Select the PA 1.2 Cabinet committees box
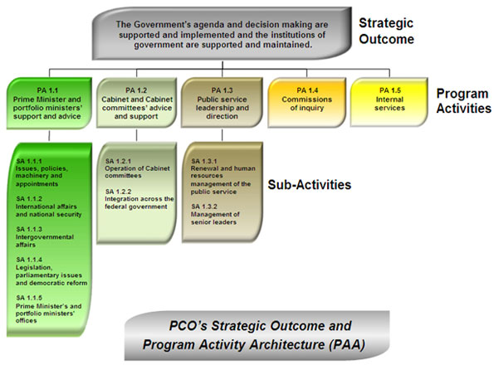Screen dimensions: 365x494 click(135, 100)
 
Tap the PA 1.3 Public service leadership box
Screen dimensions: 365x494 click(222, 100)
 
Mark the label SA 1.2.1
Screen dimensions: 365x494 click(119, 160)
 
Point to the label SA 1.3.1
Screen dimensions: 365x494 click(204, 160)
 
